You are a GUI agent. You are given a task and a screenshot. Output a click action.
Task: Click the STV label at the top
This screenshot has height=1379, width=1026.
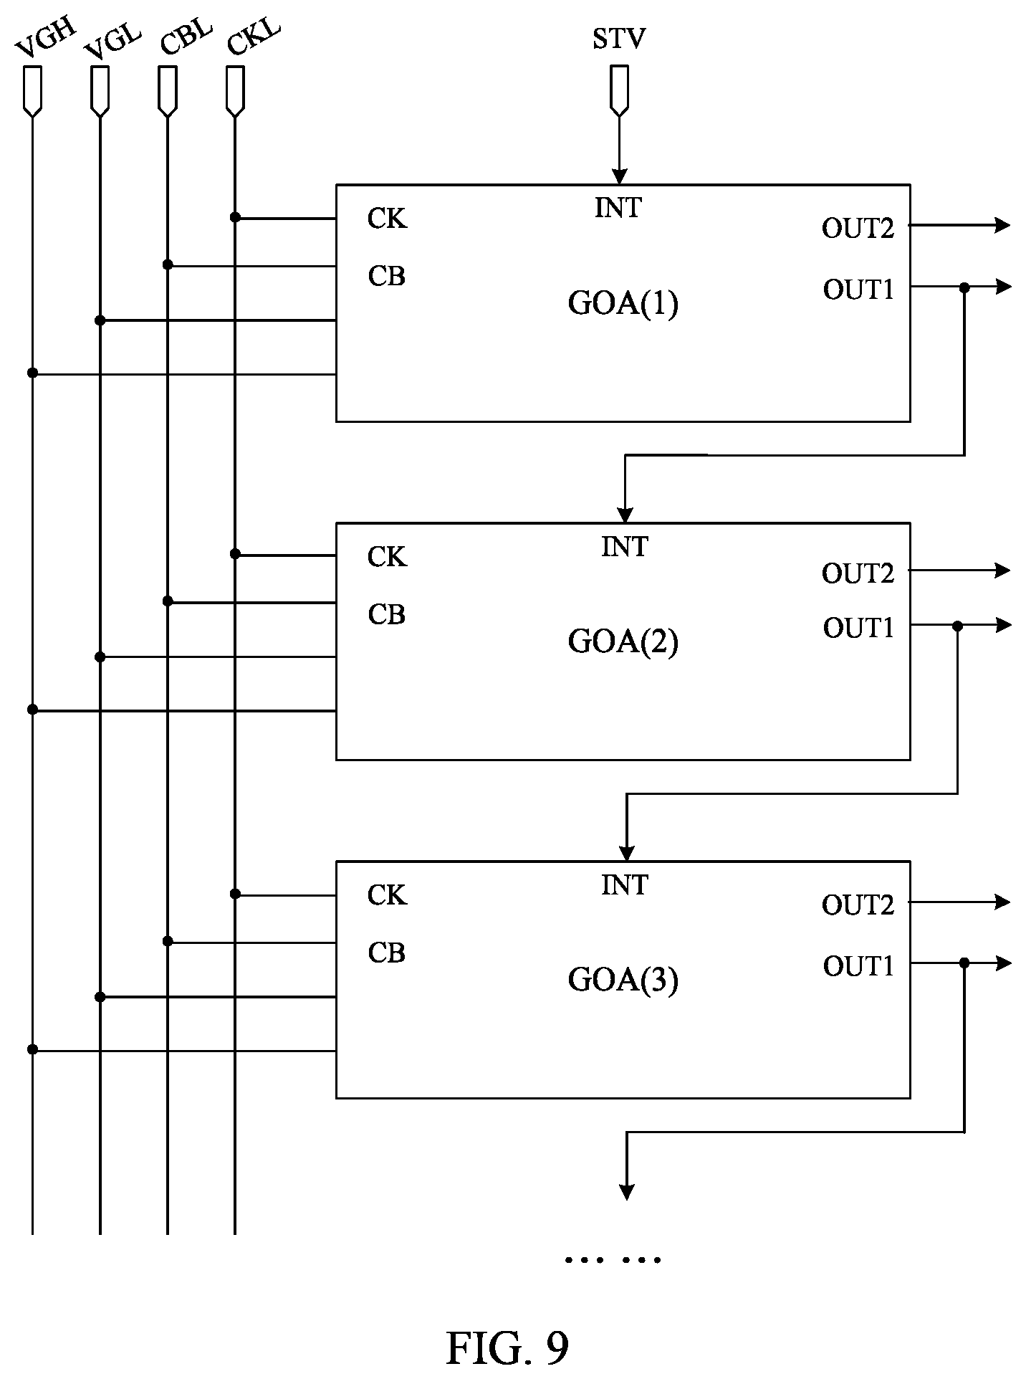[x=618, y=39]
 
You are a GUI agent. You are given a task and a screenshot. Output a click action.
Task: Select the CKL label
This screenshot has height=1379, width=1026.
[x=253, y=38]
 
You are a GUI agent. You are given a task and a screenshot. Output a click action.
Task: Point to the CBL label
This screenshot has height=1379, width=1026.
[x=186, y=38]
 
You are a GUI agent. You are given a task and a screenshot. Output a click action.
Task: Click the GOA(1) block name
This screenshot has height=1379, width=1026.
[x=623, y=303]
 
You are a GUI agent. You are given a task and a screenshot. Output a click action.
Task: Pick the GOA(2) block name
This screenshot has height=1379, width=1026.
[x=623, y=641]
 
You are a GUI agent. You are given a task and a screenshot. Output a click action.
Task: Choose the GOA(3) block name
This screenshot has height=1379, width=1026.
[x=623, y=980]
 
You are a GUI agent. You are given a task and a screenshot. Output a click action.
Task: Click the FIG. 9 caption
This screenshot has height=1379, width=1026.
[x=507, y=1327]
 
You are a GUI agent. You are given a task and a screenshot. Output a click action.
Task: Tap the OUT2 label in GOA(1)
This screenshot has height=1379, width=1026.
[x=858, y=229]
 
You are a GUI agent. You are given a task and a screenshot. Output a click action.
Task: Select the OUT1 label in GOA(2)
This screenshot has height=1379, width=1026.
[x=858, y=628]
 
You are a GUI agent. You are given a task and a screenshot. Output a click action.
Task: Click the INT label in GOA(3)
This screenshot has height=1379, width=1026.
[x=625, y=886]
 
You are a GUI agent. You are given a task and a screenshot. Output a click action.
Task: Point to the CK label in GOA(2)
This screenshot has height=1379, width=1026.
[x=387, y=557]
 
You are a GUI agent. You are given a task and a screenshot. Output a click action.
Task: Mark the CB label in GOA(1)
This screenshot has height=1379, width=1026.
[x=386, y=276]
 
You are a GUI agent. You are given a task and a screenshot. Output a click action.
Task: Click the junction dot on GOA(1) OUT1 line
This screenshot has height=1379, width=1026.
[x=964, y=287]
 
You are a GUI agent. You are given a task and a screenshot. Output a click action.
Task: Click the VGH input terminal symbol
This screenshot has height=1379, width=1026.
[x=33, y=90]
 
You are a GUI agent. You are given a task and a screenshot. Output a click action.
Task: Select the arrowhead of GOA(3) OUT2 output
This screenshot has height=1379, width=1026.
[x=1003, y=902]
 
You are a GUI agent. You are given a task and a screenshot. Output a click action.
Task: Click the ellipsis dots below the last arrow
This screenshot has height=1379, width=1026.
[x=613, y=1259]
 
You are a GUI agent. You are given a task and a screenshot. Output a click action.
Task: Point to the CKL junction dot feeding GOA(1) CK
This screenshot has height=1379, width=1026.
[x=235, y=217]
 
